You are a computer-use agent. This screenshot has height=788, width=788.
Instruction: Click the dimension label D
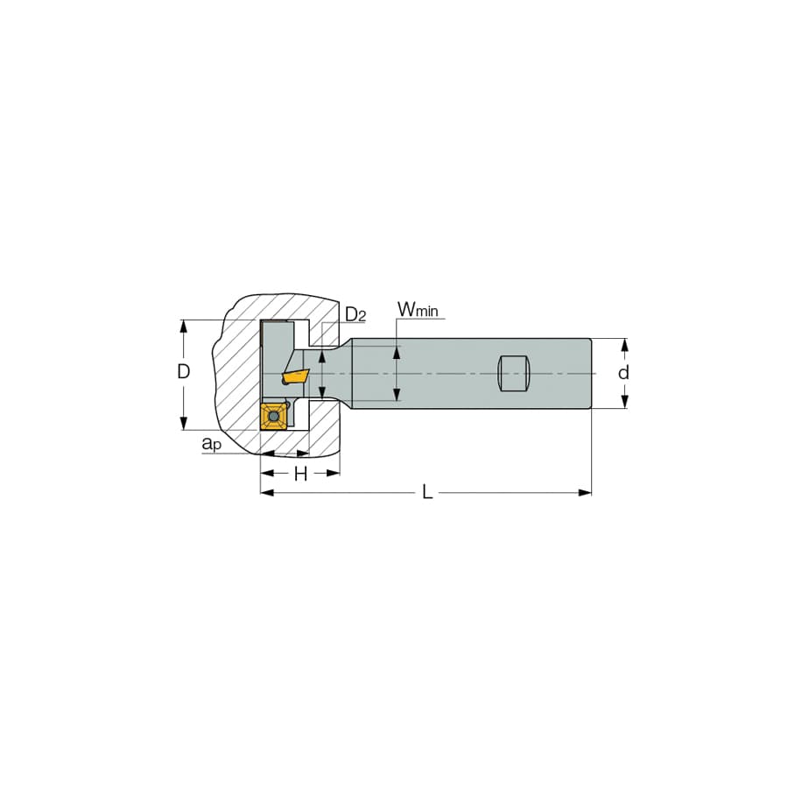[x=184, y=372]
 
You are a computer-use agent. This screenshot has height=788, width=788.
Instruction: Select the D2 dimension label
[x=355, y=315]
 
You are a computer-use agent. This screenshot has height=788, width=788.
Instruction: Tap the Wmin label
[x=417, y=310]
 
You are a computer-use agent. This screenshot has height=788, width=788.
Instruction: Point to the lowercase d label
[x=623, y=373]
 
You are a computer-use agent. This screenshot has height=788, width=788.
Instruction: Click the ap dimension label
[x=212, y=444]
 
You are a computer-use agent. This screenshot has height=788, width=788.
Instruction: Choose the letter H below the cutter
[x=300, y=474]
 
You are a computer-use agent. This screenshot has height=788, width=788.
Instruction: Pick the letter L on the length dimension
[x=427, y=492]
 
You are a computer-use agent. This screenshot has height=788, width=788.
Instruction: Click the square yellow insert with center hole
[x=273, y=416]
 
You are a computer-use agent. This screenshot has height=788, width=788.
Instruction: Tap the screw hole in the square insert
[x=273, y=417]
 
